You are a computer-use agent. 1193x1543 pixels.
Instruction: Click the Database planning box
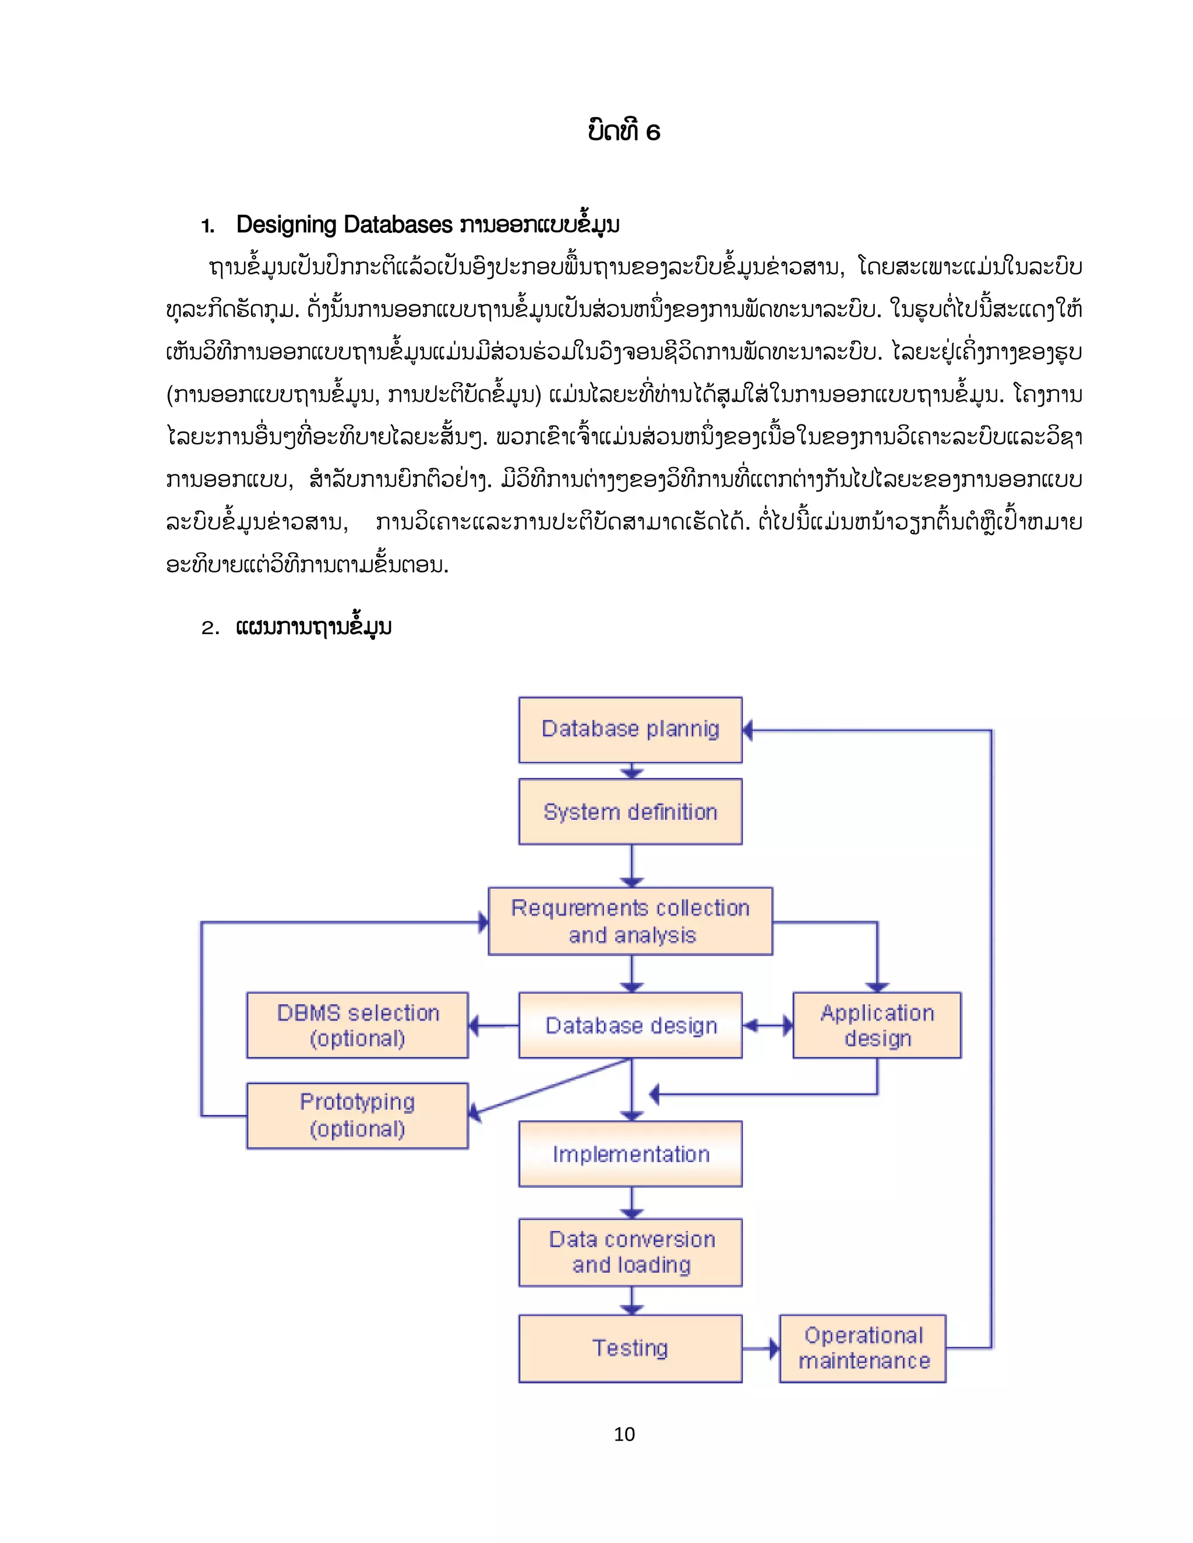[630, 730]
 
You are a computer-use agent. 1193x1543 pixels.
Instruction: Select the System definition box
[630, 812]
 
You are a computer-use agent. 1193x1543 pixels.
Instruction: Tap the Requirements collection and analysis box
[630, 921]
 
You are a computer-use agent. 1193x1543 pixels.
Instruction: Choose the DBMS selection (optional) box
[357, 1025]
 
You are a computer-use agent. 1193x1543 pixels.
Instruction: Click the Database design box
[630, 1025]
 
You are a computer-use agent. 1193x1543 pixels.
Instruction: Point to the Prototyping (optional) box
[357, 1116]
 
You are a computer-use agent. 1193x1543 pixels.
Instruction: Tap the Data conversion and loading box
[630, 1252]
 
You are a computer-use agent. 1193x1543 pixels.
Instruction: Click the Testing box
[630, 1348]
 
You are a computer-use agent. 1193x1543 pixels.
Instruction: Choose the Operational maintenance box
[862, 1348]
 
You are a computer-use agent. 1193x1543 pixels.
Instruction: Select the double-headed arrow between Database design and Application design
[768, 1026]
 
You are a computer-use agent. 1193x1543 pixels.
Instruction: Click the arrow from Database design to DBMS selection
[493, 1026]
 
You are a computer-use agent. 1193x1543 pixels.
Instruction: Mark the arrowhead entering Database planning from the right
[749, 731]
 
